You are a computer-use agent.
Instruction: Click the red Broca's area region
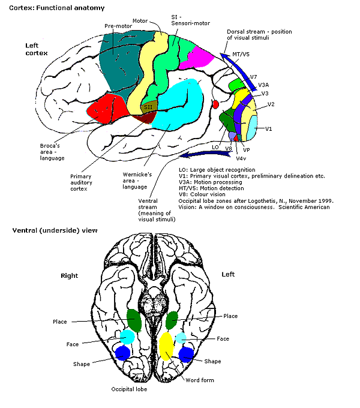(x=107, y=108)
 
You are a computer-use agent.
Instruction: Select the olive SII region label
(x=149, y=107)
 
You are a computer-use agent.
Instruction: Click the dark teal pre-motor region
(x=120, y=62)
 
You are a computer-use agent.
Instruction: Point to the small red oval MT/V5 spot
(x=215, y=104)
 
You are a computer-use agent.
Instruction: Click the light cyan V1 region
(x=251, y=128)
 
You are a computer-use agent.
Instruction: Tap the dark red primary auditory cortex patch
(x=145, y=118)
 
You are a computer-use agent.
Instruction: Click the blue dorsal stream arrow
(x=240, y=70)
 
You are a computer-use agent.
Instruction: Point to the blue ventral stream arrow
(x=205, y=155)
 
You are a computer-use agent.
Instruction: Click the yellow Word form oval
(x=166, y=346)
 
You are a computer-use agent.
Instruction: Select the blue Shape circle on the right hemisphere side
(x=122, y=353)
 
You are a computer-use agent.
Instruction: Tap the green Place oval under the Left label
(x=172, y=320)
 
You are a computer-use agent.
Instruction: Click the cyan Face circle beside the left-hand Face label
(x=127, y=337)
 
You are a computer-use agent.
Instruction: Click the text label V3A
(x=263, y=85)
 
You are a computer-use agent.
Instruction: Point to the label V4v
(x=241, y=158)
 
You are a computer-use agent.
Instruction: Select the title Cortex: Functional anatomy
(x=57, y=8)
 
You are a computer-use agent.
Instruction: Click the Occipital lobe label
(x=129, y=389)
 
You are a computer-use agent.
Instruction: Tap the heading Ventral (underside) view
(x=55, y=230)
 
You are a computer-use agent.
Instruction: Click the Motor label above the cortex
(x=140, y=21)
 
